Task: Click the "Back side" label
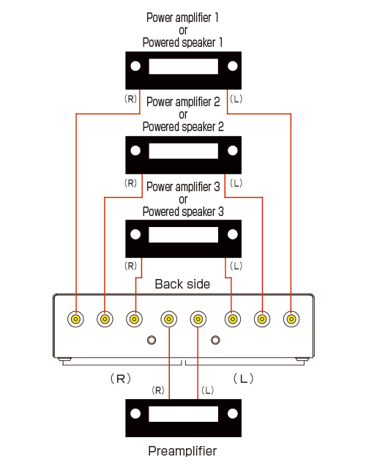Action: tap(182, 284)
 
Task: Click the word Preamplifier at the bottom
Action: tap(182, 451)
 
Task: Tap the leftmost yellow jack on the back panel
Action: tap(75, 319)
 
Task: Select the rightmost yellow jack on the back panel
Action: tap(291, 319)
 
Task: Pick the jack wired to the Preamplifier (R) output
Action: tap(169, 319)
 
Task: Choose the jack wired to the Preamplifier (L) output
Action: tap(198, 319)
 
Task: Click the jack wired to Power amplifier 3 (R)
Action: tap(134, 319)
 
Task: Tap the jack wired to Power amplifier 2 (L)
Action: tap(262, 319)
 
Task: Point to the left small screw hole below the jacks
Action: tap(152, 340)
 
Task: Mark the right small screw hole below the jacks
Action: tap(215, 340)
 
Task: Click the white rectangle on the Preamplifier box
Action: tap(183, 414)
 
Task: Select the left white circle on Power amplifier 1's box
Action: tap(135, 66)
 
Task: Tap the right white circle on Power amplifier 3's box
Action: tap(233, 234)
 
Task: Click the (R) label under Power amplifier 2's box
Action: tap(130, 183)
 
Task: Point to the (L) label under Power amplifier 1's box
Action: tap(236, 99)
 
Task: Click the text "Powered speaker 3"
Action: tap(183, 212)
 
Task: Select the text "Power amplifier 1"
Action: tap(182, 18)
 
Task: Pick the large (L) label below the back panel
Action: tap(244, 379)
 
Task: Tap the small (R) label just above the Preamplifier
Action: tap(158, 390)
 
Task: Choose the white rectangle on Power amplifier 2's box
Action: tap(183, 151)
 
